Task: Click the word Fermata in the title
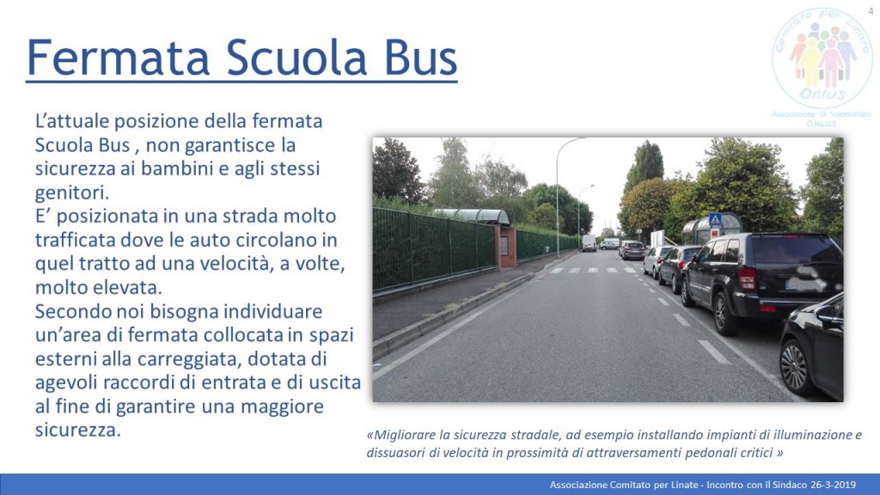pos(118,58)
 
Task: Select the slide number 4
pos(871,11)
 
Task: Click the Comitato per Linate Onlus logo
pos(822,59)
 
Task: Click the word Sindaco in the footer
pos(791,485)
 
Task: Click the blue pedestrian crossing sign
pos(714,218)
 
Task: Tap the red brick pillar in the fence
pos(507,246)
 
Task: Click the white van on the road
pos(589,242)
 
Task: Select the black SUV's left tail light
pos(747,278)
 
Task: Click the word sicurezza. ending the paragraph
pos(78,430)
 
